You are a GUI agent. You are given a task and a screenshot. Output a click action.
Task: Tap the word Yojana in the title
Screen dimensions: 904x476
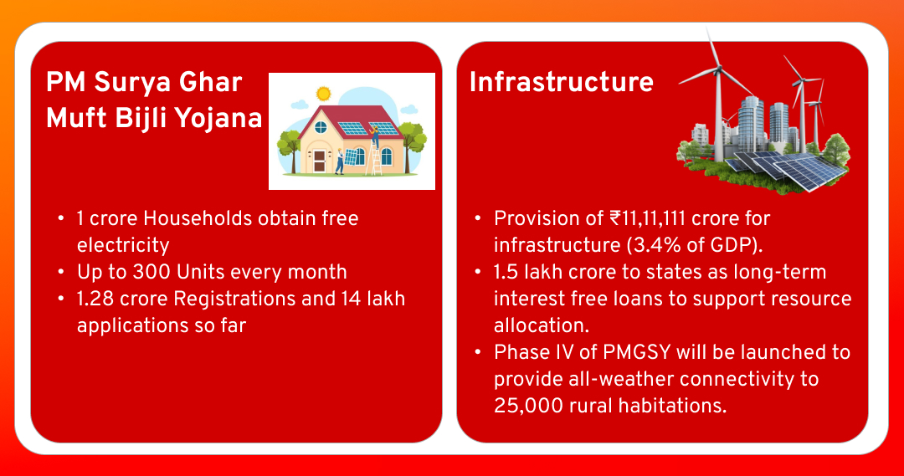(218, 119)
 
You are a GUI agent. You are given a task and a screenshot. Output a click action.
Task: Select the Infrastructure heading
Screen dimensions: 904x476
(561, 82)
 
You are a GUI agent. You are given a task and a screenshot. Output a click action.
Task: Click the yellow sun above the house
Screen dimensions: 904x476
(323, 94)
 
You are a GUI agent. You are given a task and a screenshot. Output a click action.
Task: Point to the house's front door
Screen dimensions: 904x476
(320, 162)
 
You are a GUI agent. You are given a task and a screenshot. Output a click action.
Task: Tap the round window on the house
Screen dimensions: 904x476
(321, 127)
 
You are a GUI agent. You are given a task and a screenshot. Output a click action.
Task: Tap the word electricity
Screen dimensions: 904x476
(123, 245)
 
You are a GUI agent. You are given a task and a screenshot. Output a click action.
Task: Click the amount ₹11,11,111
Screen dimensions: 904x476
(647, 218)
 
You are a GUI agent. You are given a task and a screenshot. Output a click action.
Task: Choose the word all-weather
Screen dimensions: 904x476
(615, 379)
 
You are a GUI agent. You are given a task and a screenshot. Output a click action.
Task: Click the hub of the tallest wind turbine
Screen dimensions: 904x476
(718, 69)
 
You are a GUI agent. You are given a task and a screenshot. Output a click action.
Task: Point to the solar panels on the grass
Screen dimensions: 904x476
(784, 169)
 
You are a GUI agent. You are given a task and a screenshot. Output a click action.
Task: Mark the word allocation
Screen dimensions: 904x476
(542, 325)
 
